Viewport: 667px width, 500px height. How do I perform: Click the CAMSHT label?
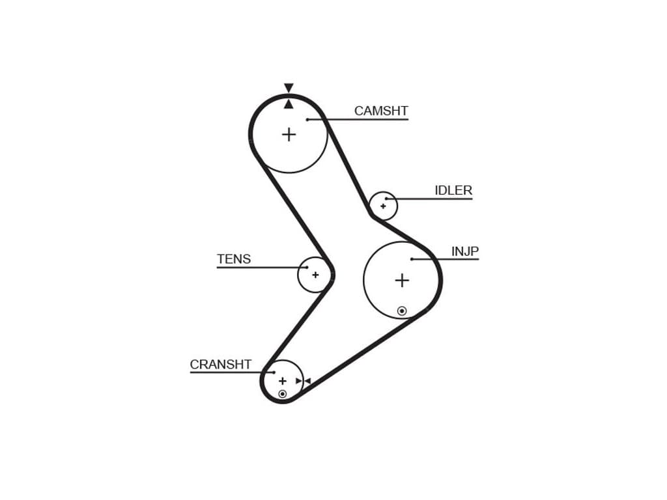(x=381, y=111)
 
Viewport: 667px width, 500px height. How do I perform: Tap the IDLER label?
(x=453, y=191)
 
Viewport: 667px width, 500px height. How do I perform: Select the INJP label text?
(x=465, y=251)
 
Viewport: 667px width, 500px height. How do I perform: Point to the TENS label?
(x=234, y=259)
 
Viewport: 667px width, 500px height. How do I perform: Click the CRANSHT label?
(x=221, y=365)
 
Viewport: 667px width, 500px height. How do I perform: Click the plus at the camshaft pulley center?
(x=289, y=135)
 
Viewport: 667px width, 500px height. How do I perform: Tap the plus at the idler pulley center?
(x=383, y=206)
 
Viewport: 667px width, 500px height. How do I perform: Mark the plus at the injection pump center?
(x=402, y=281)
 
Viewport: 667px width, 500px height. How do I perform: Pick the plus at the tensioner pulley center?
(x=315, y=275)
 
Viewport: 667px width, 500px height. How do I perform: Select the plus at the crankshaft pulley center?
(x=282, y=381)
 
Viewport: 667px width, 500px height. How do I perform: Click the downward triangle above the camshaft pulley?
(x=289, y=88)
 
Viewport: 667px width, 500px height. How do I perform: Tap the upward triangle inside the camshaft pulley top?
(x=289, y=104)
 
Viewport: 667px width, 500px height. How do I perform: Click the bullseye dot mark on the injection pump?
(x=402, y=311)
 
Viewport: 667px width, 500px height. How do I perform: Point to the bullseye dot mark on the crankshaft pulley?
(x=282, y=394)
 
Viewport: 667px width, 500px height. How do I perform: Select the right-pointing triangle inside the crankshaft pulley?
(x=299, y=381)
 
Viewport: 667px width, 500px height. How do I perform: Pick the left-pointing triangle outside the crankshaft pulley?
(x=307, y=381)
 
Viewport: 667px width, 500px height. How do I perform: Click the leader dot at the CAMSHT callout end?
(x=307, y=119)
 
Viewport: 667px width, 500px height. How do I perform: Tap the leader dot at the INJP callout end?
(x=412, y=259)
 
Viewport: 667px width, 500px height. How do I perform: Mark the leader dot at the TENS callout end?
(x=307, y=268)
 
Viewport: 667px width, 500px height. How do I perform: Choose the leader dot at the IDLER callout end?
(x=386, y=199)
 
